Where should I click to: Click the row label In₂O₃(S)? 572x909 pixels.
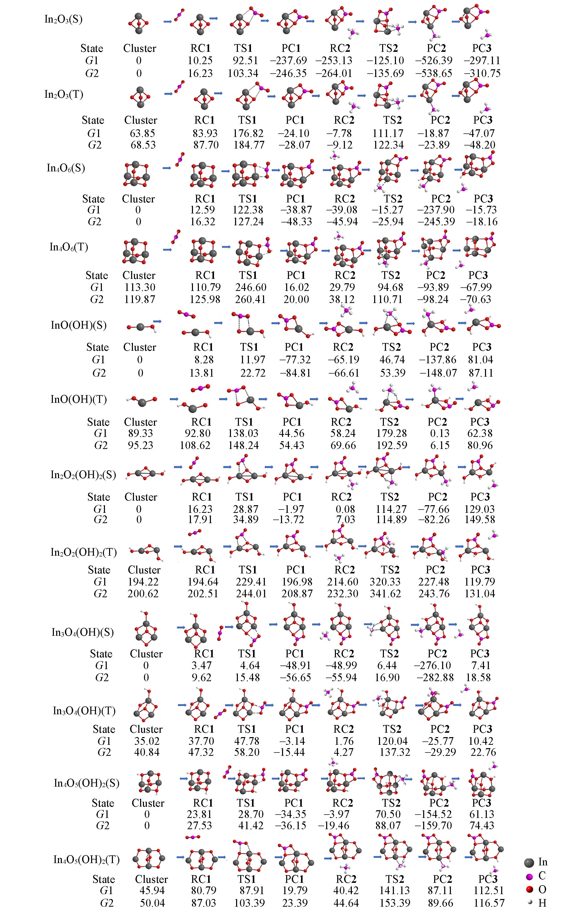pos(63,19)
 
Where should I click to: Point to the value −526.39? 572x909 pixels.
pos(434,60)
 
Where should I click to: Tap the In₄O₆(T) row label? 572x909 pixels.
pos(69,247)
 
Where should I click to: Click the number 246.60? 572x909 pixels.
pos(251,287)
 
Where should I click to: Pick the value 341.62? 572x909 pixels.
pos(385,593)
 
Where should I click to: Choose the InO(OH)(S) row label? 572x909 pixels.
pos(79,325)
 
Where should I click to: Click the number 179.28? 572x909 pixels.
pos(392,433)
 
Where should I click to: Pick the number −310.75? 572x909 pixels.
pos(482,73)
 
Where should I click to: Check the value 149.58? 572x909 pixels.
pos(480,520)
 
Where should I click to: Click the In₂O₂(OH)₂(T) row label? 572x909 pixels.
pos(83,552)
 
